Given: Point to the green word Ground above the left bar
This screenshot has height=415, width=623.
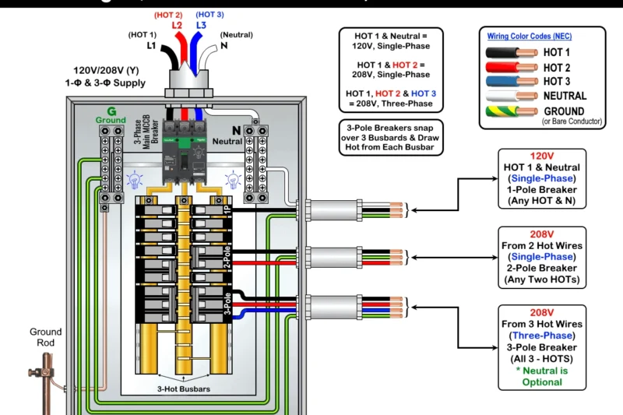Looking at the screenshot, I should coord(111,120).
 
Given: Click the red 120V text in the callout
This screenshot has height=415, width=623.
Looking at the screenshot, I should coord(541,156).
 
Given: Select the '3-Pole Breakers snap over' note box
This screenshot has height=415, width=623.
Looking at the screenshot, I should coord(390,137).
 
